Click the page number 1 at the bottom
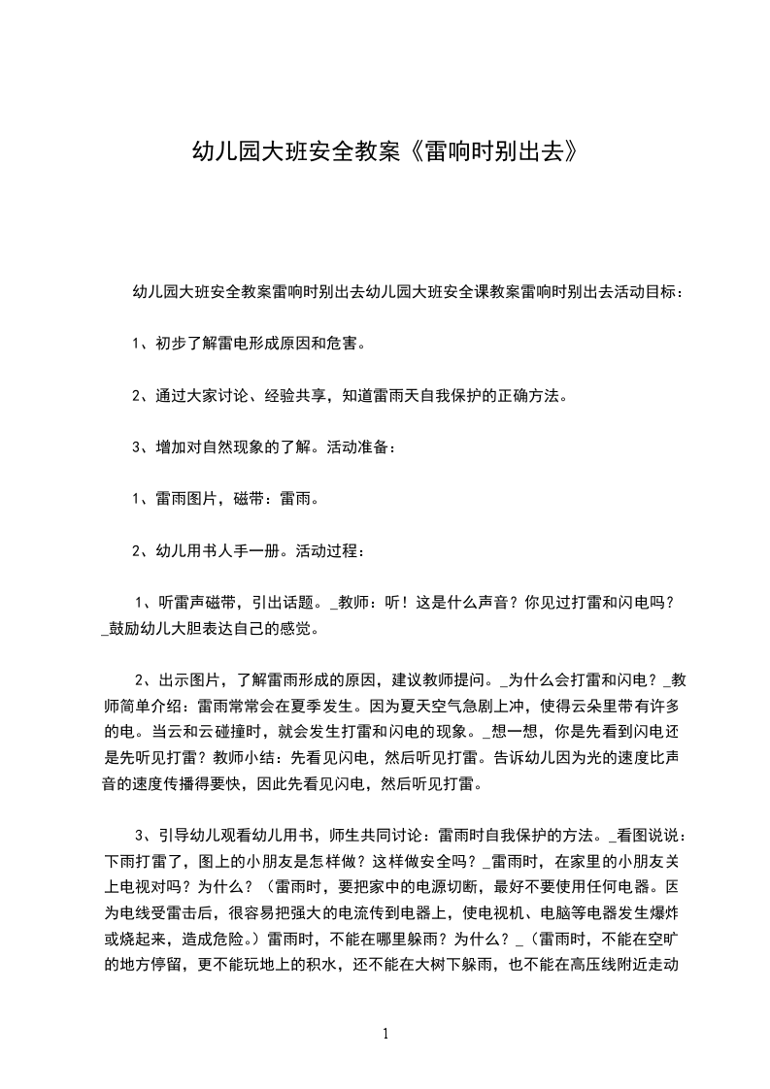[x=386, y=1034]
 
